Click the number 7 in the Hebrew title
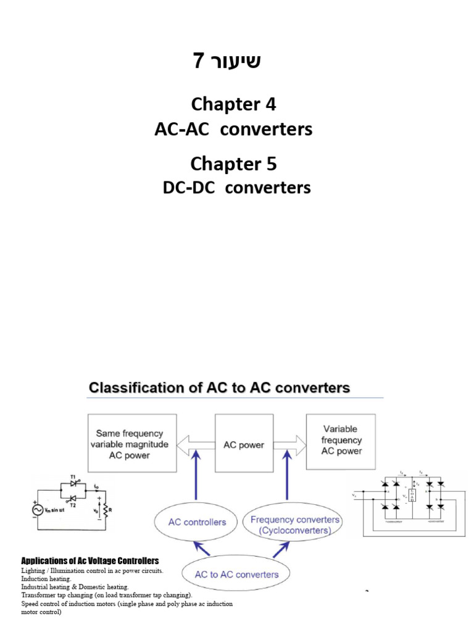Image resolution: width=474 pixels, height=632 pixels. pyautogui.click(x=198, y=62)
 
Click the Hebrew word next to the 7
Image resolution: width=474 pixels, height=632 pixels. pyautogui.click(x=238, y=62)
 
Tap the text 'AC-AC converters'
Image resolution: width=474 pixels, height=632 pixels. pyautogui.click(x=233, y=130)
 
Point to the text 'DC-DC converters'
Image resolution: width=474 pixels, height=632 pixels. pyautogui.click(x=236, y=187)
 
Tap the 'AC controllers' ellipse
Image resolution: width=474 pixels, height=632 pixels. pyautogui.click(x=197, y=522)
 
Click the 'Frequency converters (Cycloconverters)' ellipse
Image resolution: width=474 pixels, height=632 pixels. pyautogui.click(x=294, y=525)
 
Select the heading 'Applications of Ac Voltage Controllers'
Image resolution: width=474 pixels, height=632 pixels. pyautogui.click(x=90, y=560)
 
